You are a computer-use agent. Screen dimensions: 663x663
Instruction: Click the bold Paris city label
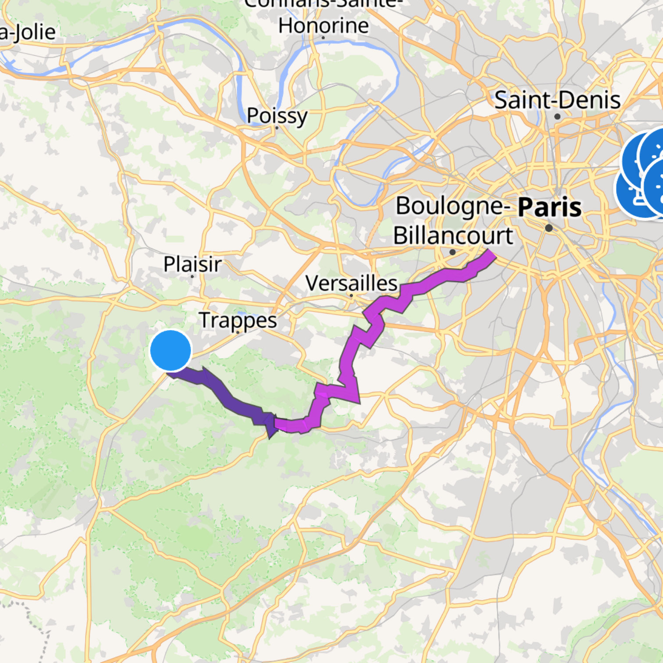point(550,207)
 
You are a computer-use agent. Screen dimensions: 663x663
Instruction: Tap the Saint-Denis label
point(557,100)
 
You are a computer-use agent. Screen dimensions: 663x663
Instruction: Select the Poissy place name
point(277,116)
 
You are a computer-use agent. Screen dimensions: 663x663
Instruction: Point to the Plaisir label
point(192,264)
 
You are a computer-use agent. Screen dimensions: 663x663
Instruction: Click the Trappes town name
point(238,320)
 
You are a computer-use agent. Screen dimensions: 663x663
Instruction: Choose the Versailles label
point(351,283)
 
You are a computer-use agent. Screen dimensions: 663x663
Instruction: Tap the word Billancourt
point(453,236)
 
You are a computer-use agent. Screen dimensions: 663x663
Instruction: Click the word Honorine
point(323,25)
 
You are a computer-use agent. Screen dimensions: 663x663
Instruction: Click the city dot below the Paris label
point(549,228)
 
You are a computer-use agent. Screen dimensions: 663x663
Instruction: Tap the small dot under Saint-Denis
point(557,117)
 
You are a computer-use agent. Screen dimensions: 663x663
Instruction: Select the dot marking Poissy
point(277,128)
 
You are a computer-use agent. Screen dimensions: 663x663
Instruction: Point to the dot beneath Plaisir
point(192,276)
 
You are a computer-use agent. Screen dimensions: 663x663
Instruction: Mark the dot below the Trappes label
point(238,332)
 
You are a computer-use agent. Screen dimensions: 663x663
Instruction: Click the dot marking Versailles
point(351,296)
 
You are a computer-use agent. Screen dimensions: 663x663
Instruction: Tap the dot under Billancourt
point(453,252)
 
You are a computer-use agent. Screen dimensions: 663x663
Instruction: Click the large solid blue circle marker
point(171,350)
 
